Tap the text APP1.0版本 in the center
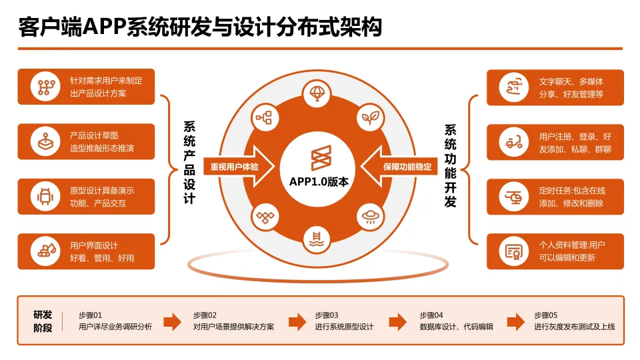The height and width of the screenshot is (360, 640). pos(319,181)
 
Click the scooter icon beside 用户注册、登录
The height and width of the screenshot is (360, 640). pos(512,142)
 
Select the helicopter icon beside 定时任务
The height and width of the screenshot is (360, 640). pos(512,197)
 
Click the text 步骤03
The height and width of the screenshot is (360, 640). pos(327,315)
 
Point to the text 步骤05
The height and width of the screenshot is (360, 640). pos(545,315)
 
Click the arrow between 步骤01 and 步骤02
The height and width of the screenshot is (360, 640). pos(172,321)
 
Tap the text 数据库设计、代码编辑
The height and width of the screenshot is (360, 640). pos(456,327)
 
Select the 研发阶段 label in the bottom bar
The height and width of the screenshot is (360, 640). pos(43,321)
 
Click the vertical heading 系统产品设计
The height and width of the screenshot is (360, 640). pos(189,162)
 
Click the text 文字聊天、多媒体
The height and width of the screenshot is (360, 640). pos(571,82)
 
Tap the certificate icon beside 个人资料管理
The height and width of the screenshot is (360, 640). pos(512,251)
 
